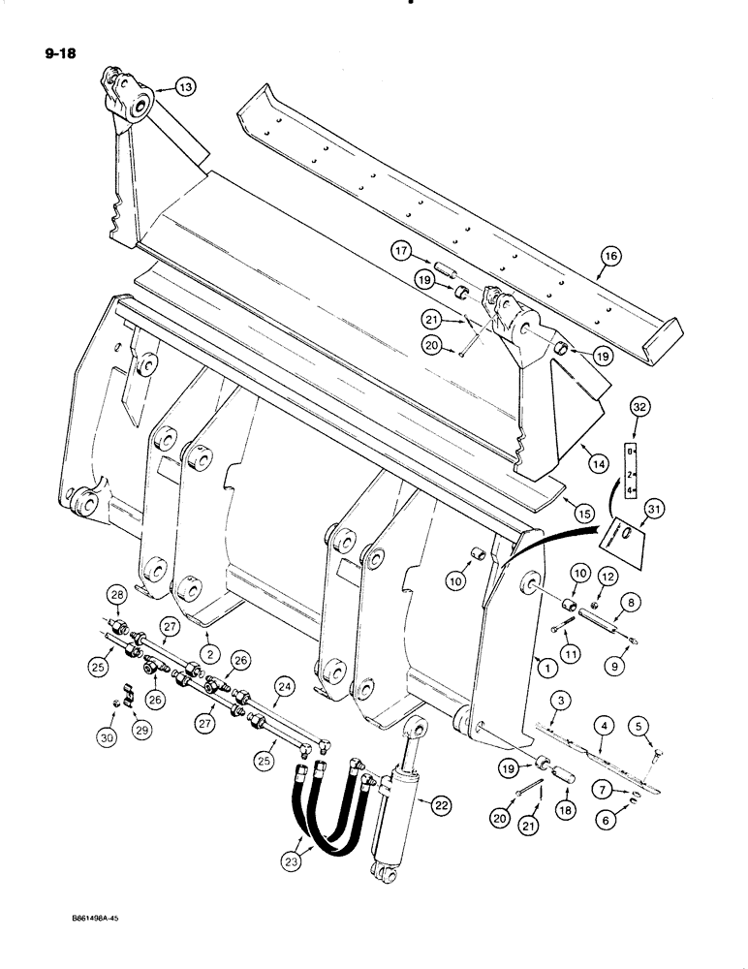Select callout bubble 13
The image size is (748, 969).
pyautogui.click(x=186, y=88)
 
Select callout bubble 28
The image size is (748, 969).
pyautogui.click(x=116, y=594)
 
